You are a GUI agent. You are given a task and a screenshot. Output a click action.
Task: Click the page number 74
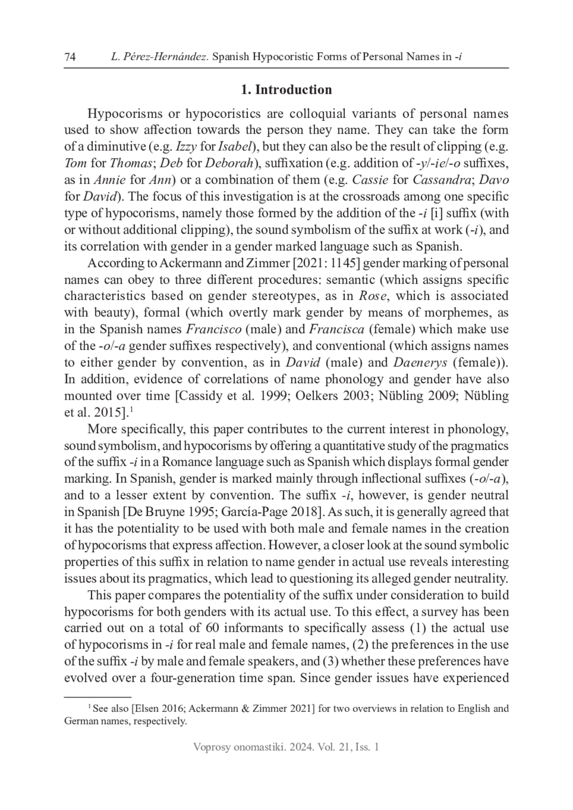[x=70, y=57]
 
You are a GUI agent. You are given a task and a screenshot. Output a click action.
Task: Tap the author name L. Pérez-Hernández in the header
[x=159, y=57]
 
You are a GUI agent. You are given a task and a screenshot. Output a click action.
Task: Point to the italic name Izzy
[x=187, y=146]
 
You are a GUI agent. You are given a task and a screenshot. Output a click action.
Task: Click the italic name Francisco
[x=213, y=329]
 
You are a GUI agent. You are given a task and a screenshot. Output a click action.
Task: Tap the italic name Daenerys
[x=420, y=362]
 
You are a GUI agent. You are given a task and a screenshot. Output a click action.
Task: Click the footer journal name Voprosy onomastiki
[x=234, y=747]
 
